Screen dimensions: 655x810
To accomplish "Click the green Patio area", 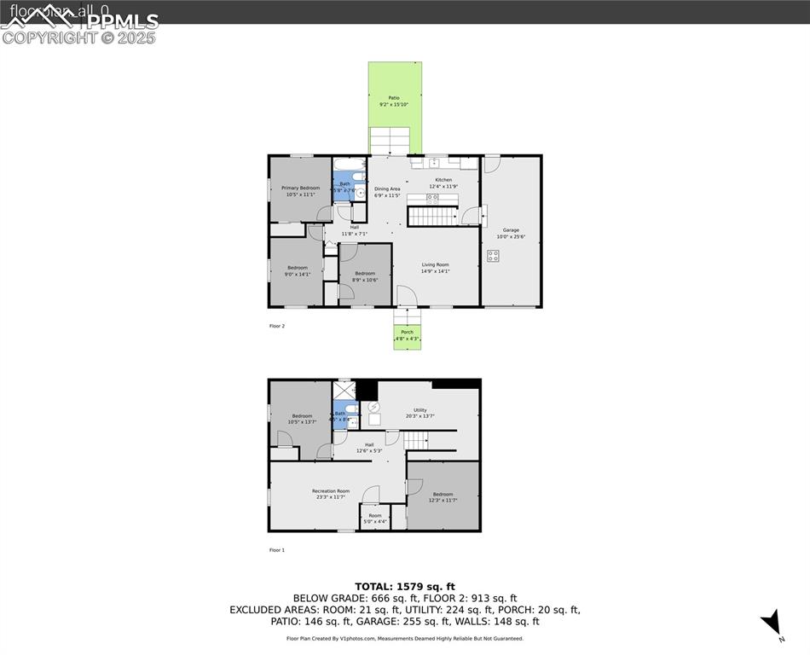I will (395, 94).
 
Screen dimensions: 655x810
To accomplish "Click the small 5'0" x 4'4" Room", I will (375, 518).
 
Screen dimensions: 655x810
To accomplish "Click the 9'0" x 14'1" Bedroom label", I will (298, 271).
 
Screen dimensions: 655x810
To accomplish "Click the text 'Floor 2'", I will (277, 326).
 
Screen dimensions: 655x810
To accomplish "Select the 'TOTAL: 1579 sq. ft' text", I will (405, 586).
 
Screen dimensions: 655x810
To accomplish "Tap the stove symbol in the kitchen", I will (432, 198).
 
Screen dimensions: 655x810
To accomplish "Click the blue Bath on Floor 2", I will (344, 185).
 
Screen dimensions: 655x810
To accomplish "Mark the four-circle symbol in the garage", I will (493, 255).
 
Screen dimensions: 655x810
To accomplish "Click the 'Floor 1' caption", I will (277, 550).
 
